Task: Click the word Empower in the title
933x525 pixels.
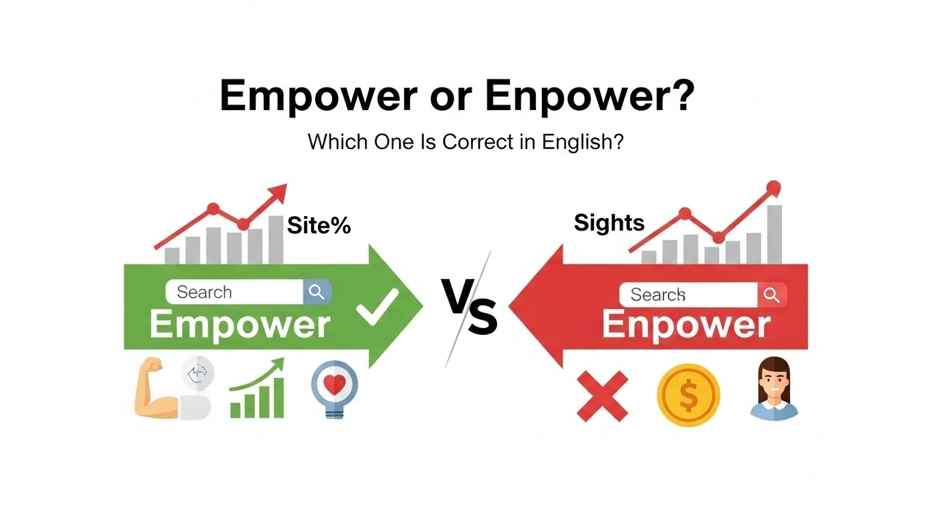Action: click(x=318, y=96)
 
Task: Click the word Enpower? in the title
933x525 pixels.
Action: click(x=590, y=96)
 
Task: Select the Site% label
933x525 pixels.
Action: click(x=319, y=225)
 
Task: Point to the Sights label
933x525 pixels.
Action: click(x=609, y=223)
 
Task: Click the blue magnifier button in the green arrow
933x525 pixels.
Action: click(x=316, y=292)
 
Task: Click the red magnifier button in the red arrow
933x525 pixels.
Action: click(x=772, y=295)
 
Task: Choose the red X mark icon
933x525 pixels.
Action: click(x=602, y=396)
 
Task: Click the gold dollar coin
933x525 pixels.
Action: click(x=688, y=395)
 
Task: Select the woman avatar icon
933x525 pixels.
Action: click(x=774, y=389)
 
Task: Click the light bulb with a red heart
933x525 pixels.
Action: click(x=334, y=388)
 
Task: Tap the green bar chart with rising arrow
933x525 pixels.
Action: click(x=258, y=389)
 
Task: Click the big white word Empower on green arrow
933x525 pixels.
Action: click(x=240, y=325)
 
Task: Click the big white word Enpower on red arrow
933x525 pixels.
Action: click(x=686, y=325)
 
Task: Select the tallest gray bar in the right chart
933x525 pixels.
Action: click(x=774, y=234)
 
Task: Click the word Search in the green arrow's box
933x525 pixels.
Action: click(x=204, y=292)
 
